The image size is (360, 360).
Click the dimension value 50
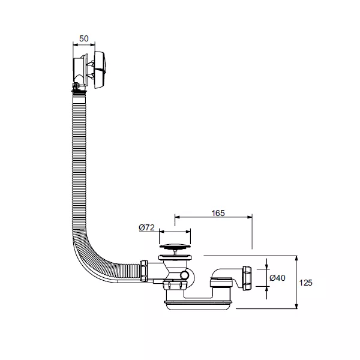[84, 38]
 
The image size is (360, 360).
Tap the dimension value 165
[218, 213]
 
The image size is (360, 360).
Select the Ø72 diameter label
[147, 227]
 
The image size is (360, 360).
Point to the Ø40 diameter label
[277, 278]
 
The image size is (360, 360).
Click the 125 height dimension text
[305, 283]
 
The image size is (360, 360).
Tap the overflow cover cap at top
[100, 70]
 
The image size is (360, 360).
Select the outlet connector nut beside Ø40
[247, 278]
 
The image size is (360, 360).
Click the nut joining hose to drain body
[144, 271]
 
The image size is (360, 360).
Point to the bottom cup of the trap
[199, 305]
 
